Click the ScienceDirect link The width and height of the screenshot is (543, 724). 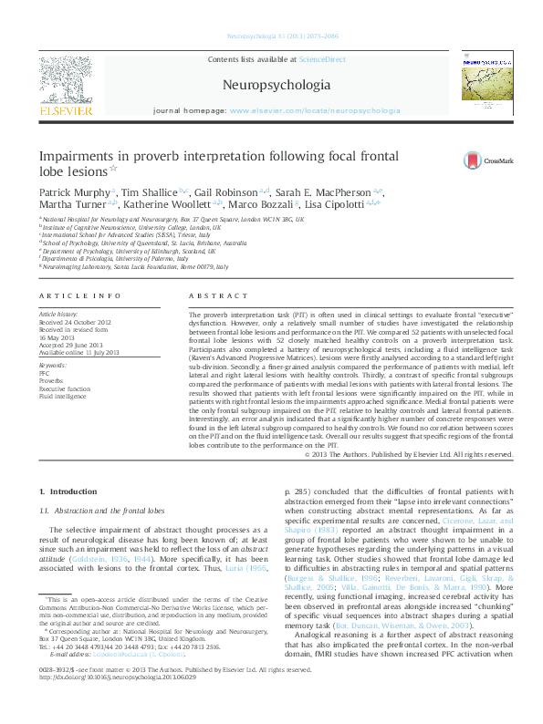(322, 58)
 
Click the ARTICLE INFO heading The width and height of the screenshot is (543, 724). (79, 296)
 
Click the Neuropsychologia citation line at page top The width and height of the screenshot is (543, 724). (271, 37)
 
